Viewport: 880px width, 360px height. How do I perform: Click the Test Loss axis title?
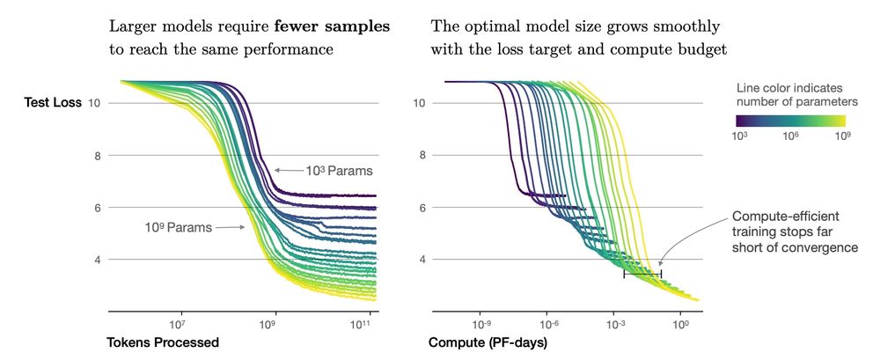point(52,103)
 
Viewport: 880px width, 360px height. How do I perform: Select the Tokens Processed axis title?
point(162,342)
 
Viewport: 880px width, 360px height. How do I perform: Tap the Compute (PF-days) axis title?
point(488,342)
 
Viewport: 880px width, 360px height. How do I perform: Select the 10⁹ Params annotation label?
point(179,227)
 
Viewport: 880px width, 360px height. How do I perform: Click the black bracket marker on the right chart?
point(642,276)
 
